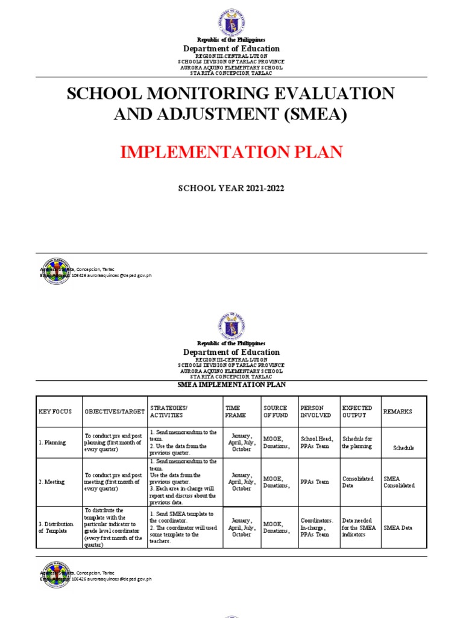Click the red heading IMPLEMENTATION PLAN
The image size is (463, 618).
point(231,151)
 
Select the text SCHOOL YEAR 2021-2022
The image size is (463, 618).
point(231,188)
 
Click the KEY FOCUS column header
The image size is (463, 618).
point(55,412)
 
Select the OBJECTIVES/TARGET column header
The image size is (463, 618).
point(115,412)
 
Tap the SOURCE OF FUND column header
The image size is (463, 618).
point(276,412)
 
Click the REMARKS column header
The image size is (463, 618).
point(398,412)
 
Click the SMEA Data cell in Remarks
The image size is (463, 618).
point(398,527)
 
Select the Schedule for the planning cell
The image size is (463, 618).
point(357,442)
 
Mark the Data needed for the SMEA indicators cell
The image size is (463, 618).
point(359,527)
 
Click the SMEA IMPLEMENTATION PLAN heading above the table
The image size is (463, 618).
point(231,385)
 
